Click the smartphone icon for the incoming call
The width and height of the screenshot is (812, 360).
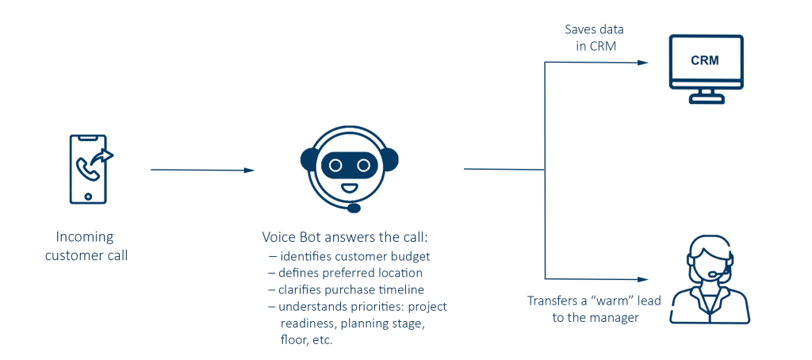click(x=88, y=169)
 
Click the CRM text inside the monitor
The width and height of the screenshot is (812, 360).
click(x=704, y=60)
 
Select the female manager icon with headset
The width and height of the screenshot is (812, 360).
click(x=709, y=282)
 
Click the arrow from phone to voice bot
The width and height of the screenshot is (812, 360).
click(x=202, y=170)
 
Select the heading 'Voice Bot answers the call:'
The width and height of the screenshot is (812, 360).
click(x=344, y=237)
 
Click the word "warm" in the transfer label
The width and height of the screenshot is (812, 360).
click(x=607, y=301)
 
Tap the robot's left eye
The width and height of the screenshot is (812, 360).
click(x=335, y=165)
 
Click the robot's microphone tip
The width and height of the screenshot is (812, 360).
click(x=354, y=208)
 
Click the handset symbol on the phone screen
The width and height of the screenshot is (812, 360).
click(x=84, y=167)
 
